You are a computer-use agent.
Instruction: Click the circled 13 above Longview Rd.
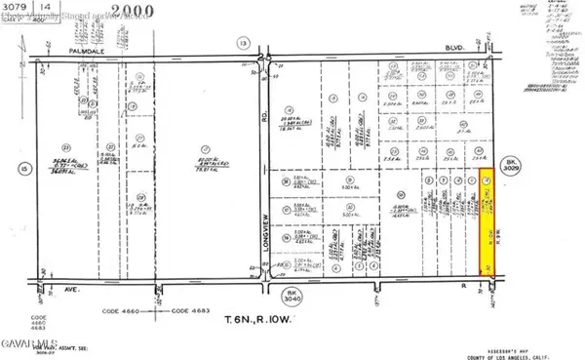click(x=242, y=42)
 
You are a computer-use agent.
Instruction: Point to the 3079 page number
click(x=17, y=7)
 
